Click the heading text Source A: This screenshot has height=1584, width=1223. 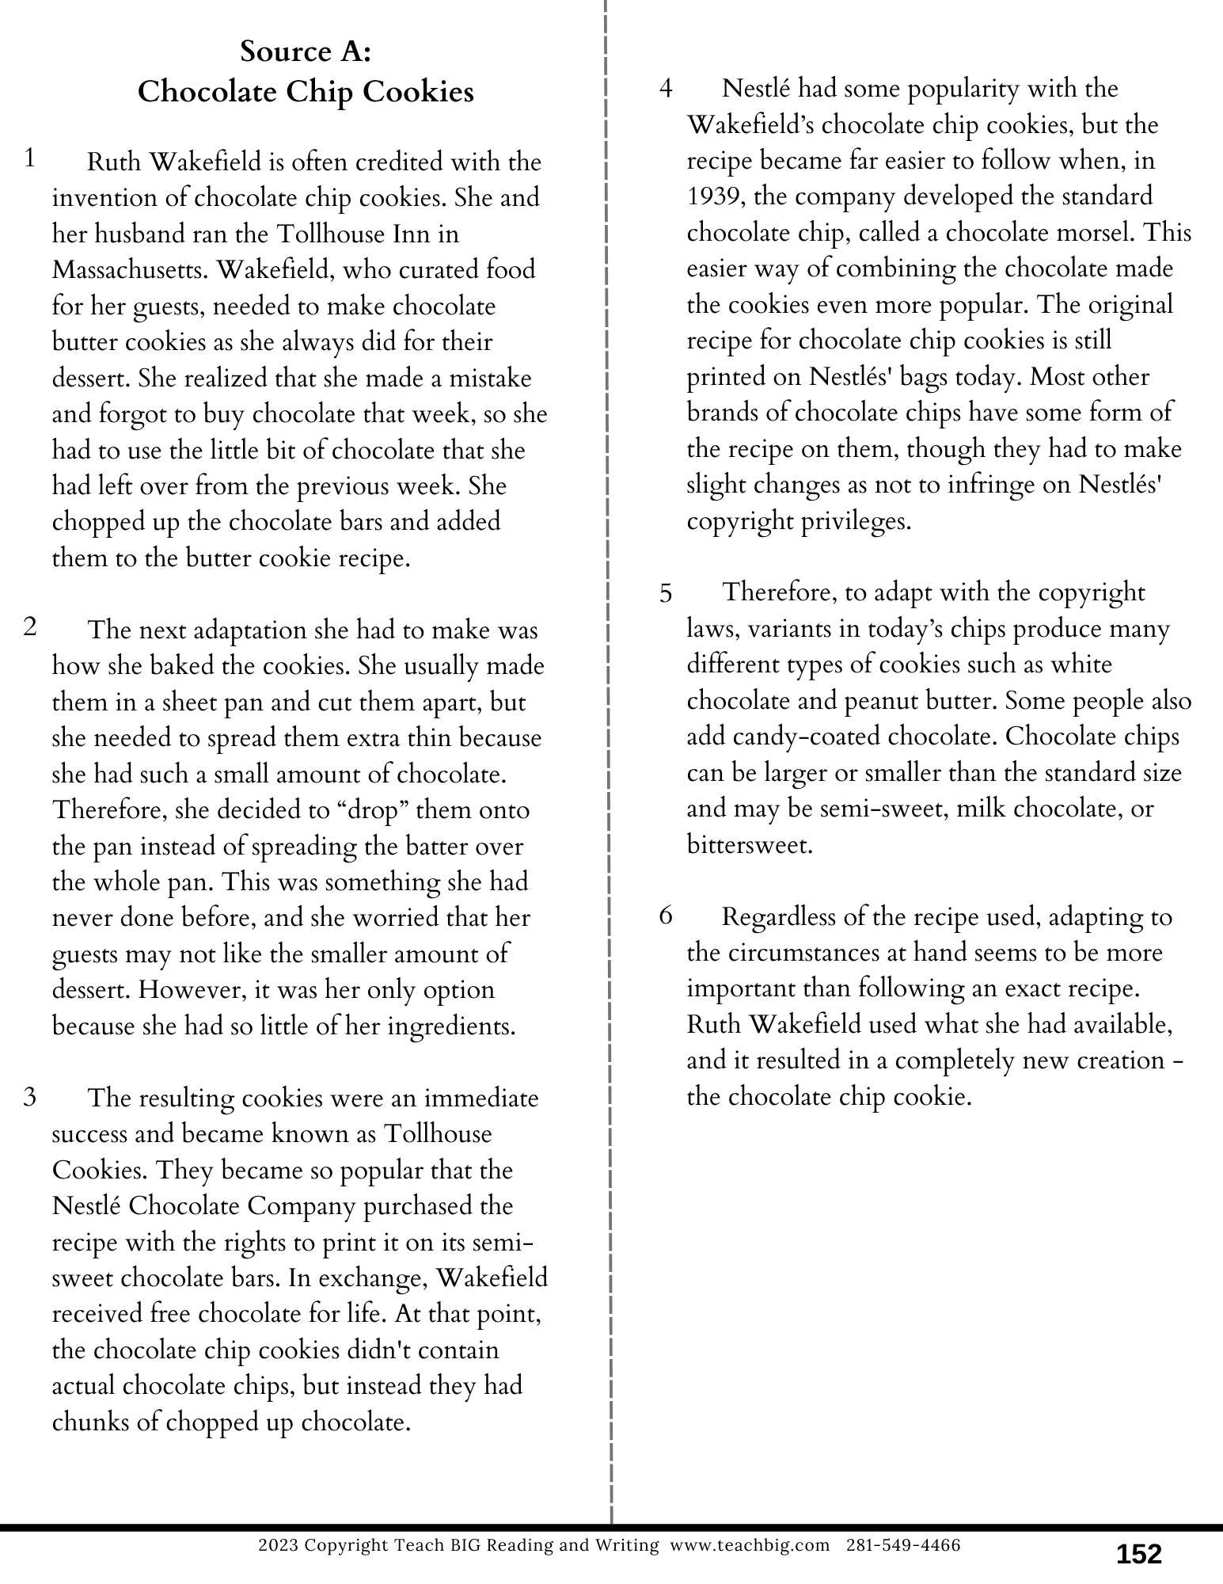click(x=306, y=51)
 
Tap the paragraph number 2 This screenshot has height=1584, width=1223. click(x=30, y=628)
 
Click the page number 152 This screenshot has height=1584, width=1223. click(x=1138, y=1554)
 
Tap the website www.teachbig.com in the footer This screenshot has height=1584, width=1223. click(x=750, y=1545)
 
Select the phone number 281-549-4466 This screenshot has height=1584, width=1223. click(x=904, y=1545)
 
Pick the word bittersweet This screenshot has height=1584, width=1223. click(x=750, y=845)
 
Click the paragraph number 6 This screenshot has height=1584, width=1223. click(x=665, y=916)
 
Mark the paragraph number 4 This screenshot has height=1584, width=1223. click(x=666, y=89)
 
